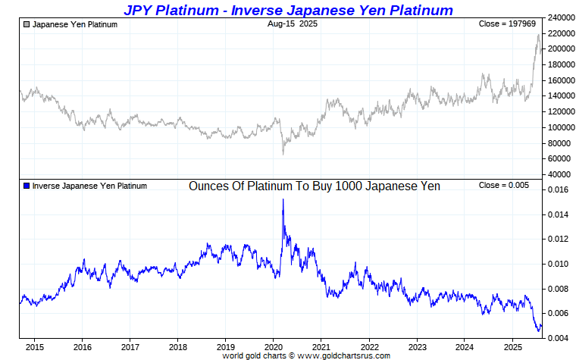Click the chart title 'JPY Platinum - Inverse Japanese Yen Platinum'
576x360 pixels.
[288, 10]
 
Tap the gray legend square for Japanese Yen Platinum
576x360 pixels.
[27, 24]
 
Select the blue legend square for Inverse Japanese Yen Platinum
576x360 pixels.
[27, 186]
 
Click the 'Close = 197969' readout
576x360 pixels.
[506, 24]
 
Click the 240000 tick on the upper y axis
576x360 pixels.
[559, 17]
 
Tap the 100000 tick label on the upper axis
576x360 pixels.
[559, 127]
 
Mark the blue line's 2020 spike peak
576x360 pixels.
[283, 199]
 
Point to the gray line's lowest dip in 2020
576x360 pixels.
[283, 154]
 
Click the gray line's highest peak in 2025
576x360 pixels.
[538, 35]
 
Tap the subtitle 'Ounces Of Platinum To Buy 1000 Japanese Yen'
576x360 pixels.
[314, 186]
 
